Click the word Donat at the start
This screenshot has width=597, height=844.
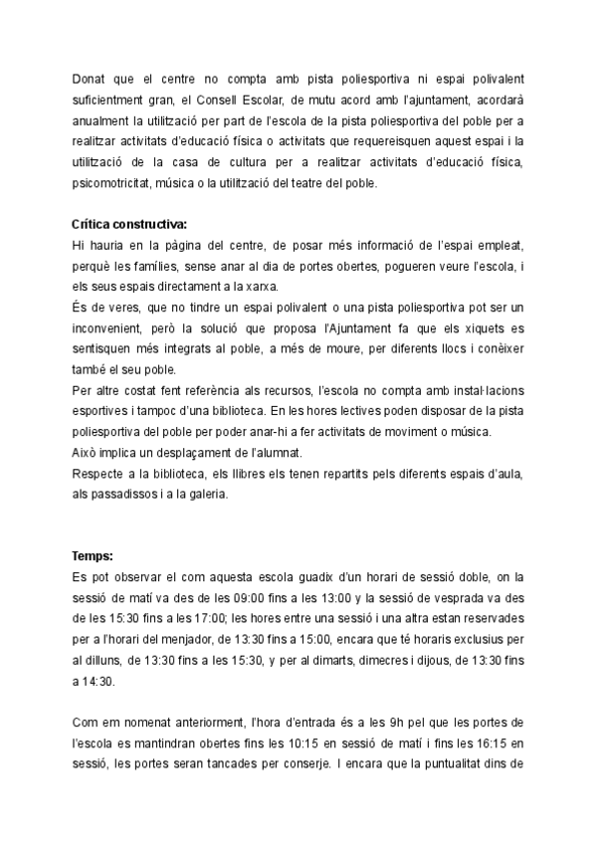click(90, 78)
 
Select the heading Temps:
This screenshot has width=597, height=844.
click(93, 556)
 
